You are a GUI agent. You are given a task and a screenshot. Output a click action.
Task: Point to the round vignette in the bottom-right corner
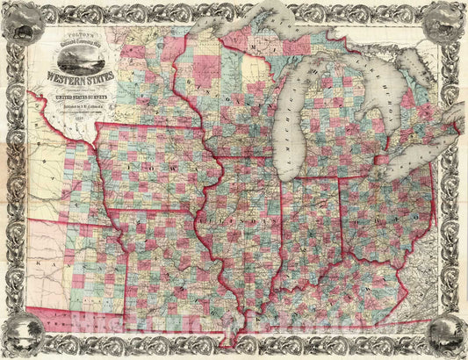pyautogui.click(x=445, y=337)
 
